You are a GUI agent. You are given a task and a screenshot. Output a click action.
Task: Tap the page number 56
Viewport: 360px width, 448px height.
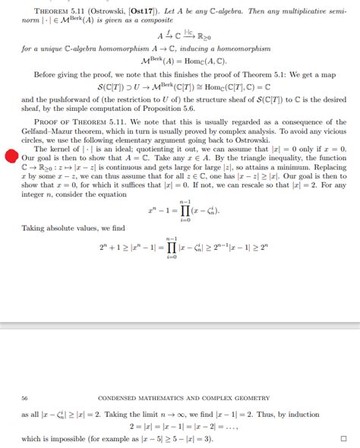tap(25, 397)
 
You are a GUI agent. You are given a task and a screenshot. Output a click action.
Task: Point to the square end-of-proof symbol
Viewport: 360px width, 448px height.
tap(343, 438)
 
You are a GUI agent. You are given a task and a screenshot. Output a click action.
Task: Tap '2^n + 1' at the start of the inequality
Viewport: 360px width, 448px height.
tap(112, 248)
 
